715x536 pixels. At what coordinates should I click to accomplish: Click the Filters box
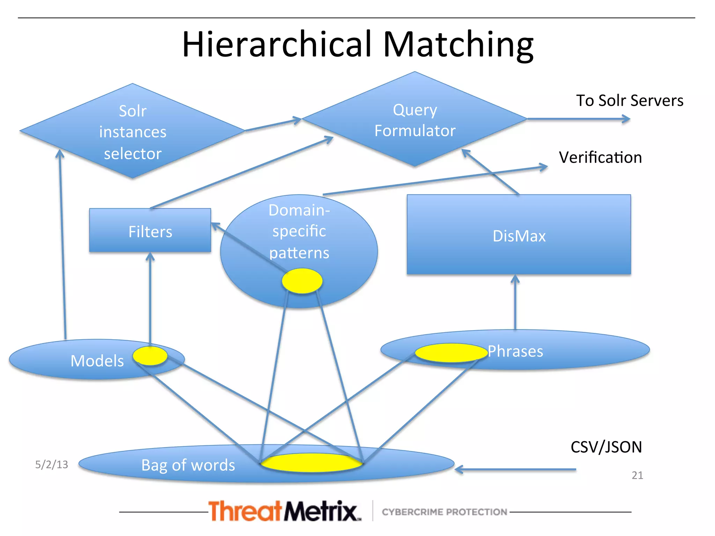click(x=150, y=230)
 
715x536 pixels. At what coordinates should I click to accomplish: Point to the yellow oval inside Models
click(x=150, y=356)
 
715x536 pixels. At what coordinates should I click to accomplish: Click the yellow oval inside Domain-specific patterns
click(x=302, y=281)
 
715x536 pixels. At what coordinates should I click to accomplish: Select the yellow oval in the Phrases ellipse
click(x=451, y=353)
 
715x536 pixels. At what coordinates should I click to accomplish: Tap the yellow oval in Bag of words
click(x=311, y=463)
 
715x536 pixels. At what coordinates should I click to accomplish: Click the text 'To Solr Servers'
click(x=629, y=100)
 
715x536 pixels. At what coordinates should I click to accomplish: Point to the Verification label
click(x=600, y=157)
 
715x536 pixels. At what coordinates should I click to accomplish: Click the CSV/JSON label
click(x=606, y=447)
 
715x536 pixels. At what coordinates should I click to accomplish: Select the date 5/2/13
click(x=52, y=464)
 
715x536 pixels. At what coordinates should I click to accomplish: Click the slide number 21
click(x=637, y=475)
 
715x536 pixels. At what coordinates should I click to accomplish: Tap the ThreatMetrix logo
click(x=285, y=511)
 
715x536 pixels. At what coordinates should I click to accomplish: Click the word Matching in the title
click(x=458, y=44)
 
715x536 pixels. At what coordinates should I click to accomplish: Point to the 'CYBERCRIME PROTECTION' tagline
click(x=444, y=512)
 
